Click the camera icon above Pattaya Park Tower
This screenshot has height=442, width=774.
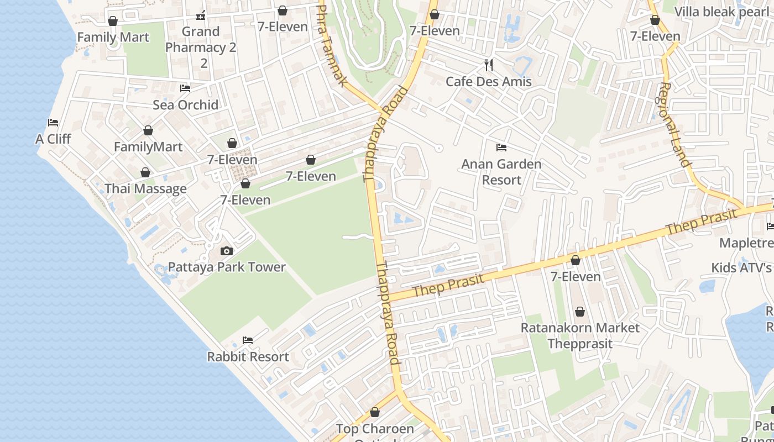(226, 251)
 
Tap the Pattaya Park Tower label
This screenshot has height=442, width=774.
(227, 267)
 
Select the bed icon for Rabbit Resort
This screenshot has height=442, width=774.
(248, 340)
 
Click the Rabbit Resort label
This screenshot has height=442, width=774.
(248, 357)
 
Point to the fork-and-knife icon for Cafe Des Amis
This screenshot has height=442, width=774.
(488, 65)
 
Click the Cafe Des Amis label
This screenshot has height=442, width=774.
(488, 82)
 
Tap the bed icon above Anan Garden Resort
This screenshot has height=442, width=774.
(501, 148)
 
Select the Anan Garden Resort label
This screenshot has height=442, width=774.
(501, 172)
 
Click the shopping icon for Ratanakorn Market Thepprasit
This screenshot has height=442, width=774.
(579, 312)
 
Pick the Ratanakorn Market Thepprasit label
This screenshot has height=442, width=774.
(580, 335)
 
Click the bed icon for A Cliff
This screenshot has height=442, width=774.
(53, 122)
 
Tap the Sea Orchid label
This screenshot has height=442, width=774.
(185, 105)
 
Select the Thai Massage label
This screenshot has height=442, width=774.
(145, 189)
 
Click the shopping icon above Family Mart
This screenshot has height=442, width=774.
(113, 21)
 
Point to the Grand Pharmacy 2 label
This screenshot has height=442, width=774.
(201, 47)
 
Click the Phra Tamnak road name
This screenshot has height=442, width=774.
(332, 45)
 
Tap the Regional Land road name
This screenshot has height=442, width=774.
(675, 124)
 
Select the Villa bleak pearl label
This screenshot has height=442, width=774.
(721, 12)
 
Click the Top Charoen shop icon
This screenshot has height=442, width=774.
(375, 412)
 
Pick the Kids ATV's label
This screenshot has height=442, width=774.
(741, 268)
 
